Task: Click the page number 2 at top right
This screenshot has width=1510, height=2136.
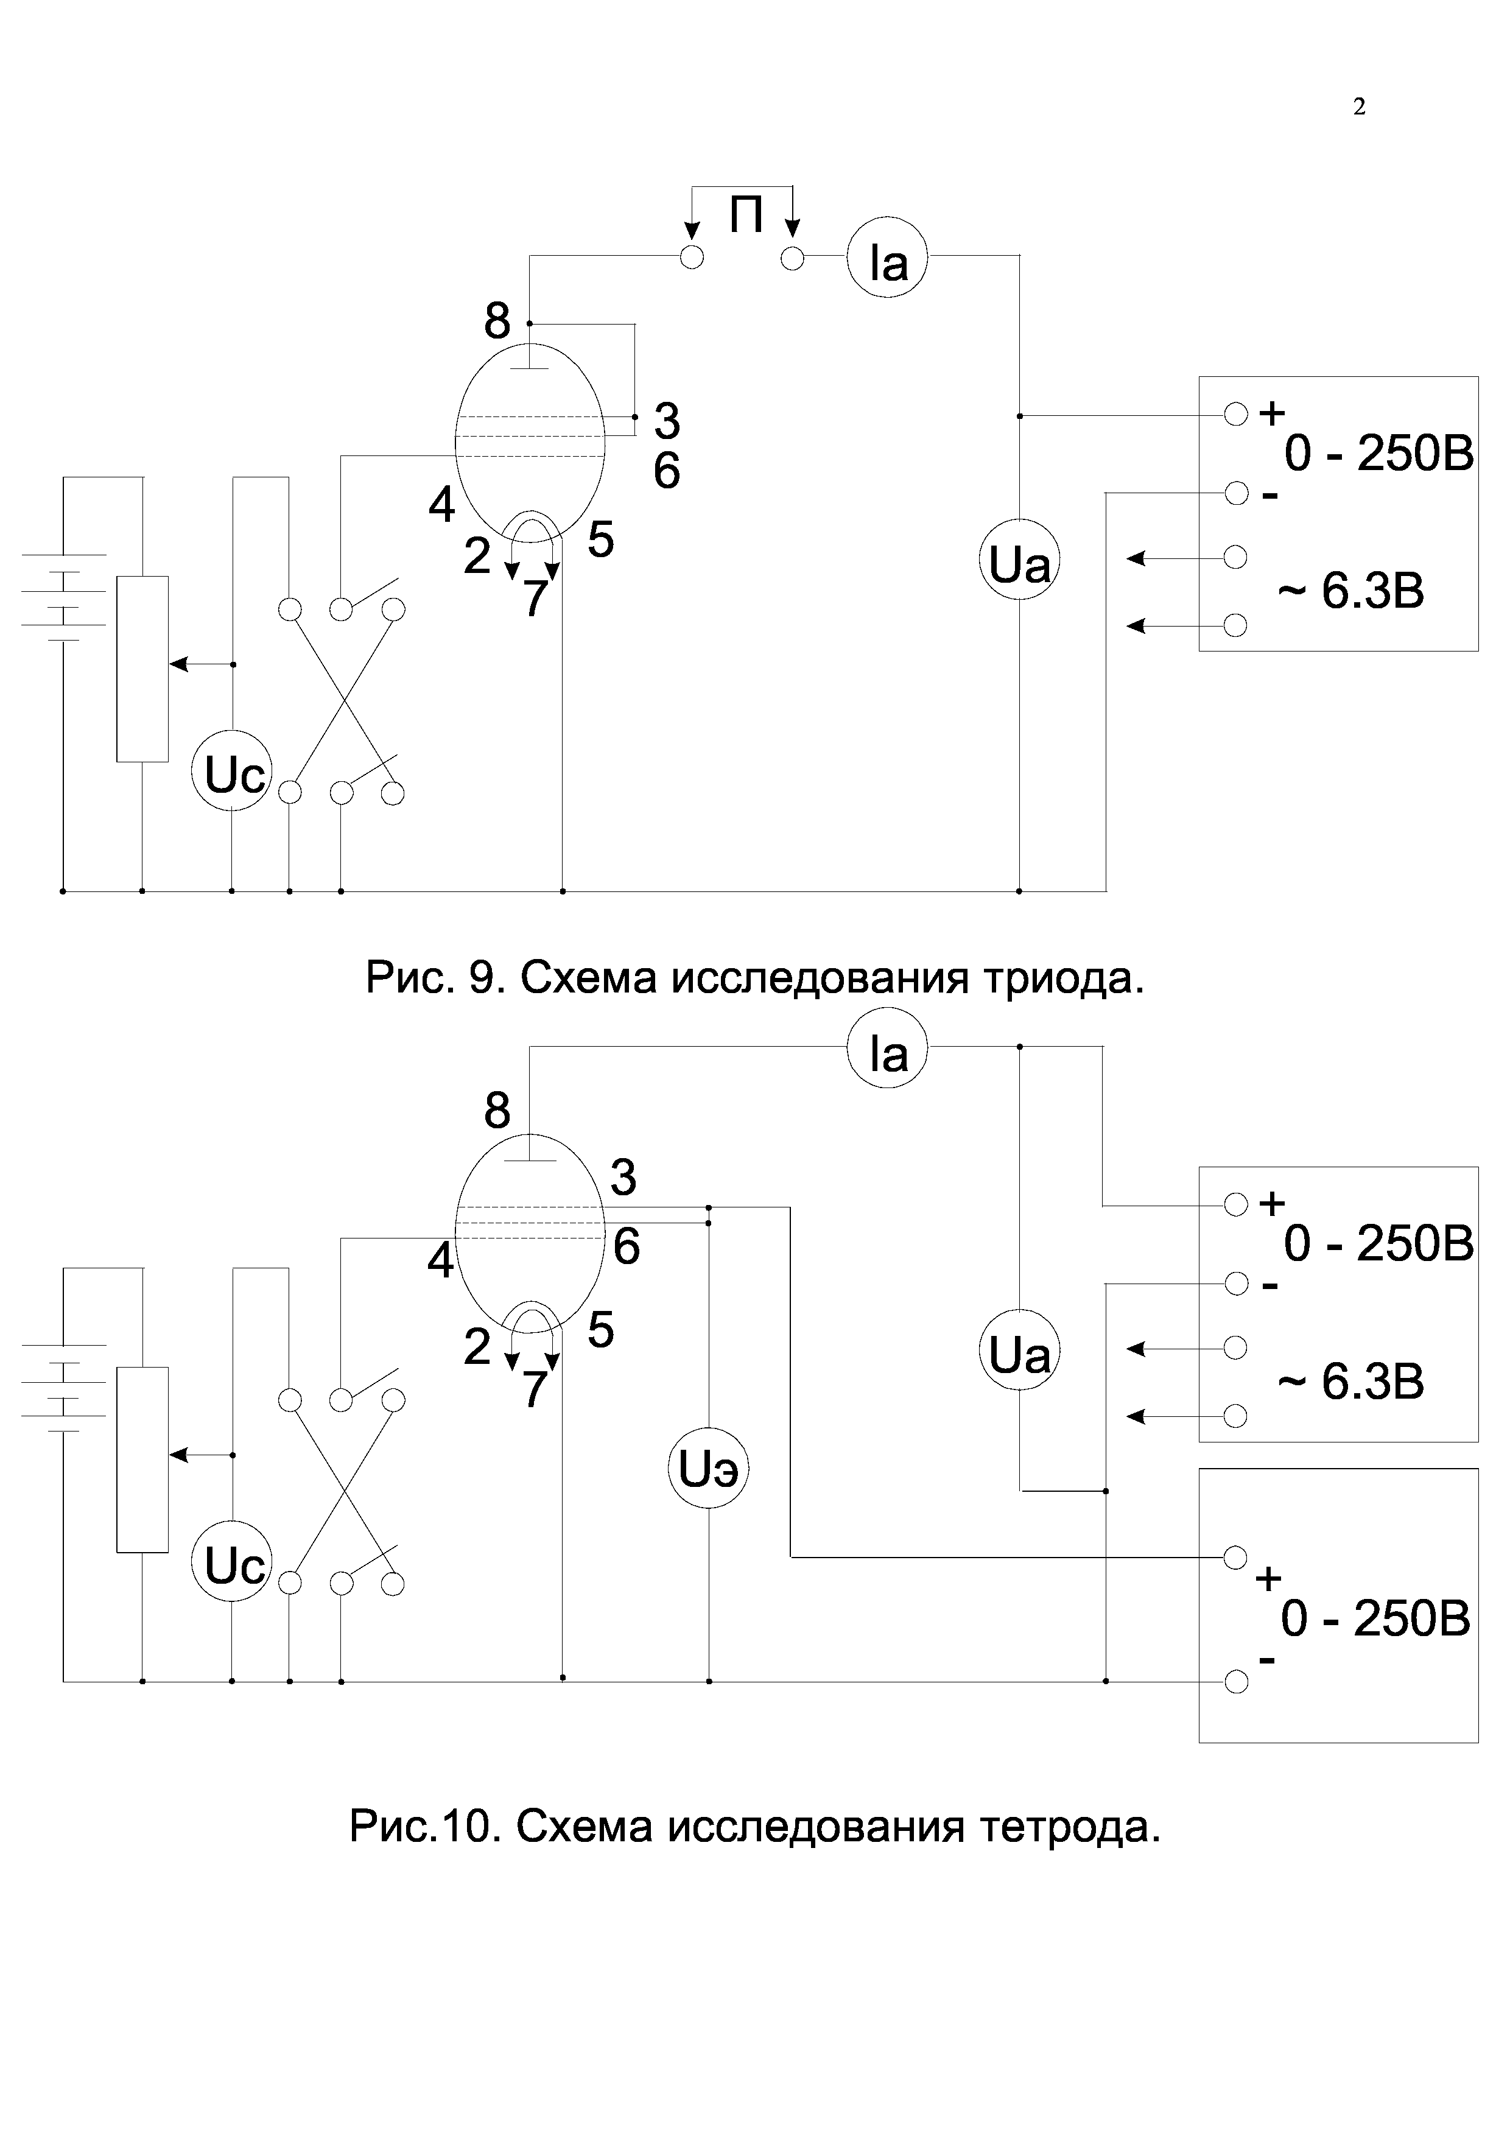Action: click(1358, 108)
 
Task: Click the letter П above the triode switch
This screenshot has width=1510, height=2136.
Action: click(746, 216)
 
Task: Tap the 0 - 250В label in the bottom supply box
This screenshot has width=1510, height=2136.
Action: click(1375, 1620)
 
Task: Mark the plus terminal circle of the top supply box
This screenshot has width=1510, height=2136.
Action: click(1235, 415)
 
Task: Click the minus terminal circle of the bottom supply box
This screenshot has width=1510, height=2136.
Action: click(1235, 1682)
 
